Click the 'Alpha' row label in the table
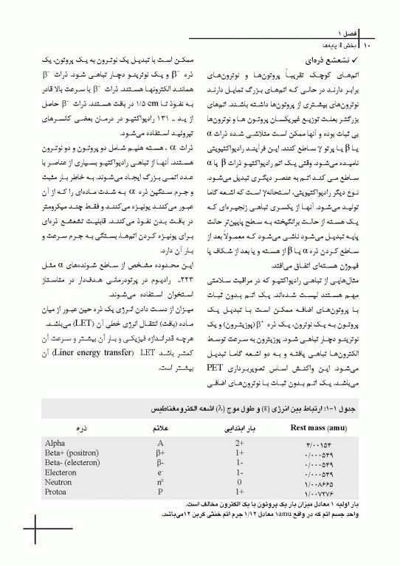point(55,442)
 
